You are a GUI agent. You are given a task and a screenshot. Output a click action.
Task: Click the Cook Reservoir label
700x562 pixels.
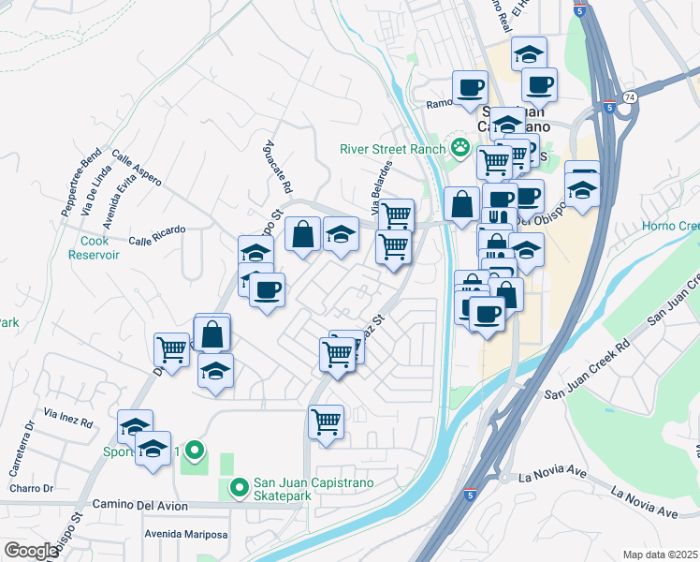[x=95, y=247]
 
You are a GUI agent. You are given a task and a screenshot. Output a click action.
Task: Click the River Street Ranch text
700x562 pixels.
[x=391, y=147]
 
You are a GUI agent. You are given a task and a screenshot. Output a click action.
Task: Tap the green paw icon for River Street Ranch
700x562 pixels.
[x=459, y=146]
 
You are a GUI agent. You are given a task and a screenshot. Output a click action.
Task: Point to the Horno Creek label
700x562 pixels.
[x=670, y=226]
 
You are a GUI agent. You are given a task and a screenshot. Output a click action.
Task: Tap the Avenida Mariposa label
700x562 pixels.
[x=185, y=535]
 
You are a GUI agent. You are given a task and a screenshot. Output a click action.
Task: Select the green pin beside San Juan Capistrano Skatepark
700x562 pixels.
[x=238, y=487]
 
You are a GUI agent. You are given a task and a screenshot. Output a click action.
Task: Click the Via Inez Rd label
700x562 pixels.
[x=68, y=418]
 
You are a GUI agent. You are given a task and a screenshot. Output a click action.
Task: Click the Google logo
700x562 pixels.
[x=31, y=550]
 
